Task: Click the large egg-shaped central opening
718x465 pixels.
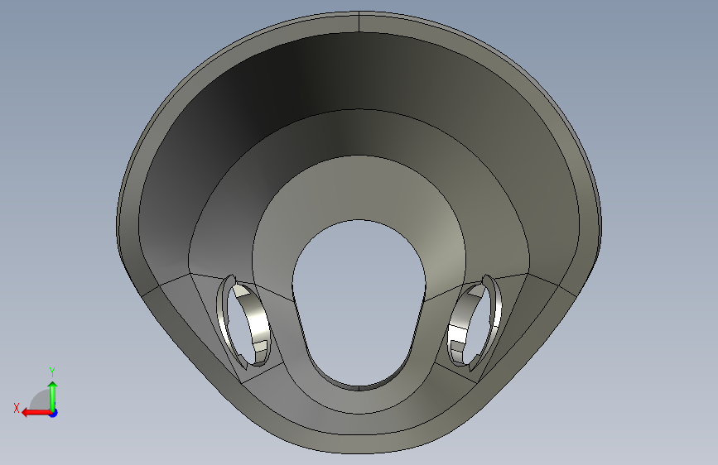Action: [359, 302]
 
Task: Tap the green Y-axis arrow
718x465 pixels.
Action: [53, 396]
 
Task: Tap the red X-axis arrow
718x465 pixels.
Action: [36, 412]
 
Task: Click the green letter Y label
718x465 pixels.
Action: [52, 372]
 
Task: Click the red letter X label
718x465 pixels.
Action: [17, 408]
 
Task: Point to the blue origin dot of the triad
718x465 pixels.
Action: [54, 413]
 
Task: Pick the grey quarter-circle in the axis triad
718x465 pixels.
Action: [41, 400]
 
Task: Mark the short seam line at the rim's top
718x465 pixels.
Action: [359, 22]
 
